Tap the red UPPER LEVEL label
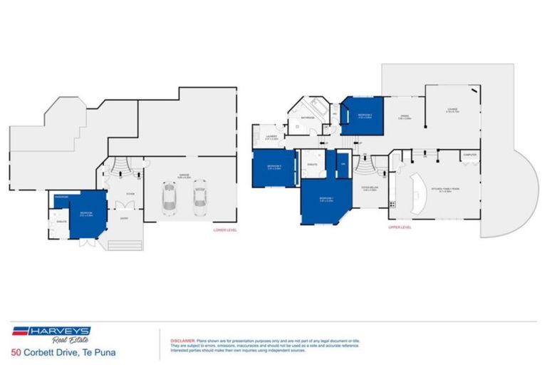tap(400, 227)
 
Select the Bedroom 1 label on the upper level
tap(325, 199)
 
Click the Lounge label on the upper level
tap(452, 110)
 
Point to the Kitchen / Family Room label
tap(449, 190)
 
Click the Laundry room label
tap(271, 137)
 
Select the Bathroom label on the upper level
tap(308, 118)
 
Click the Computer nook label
tap(469, 154)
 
